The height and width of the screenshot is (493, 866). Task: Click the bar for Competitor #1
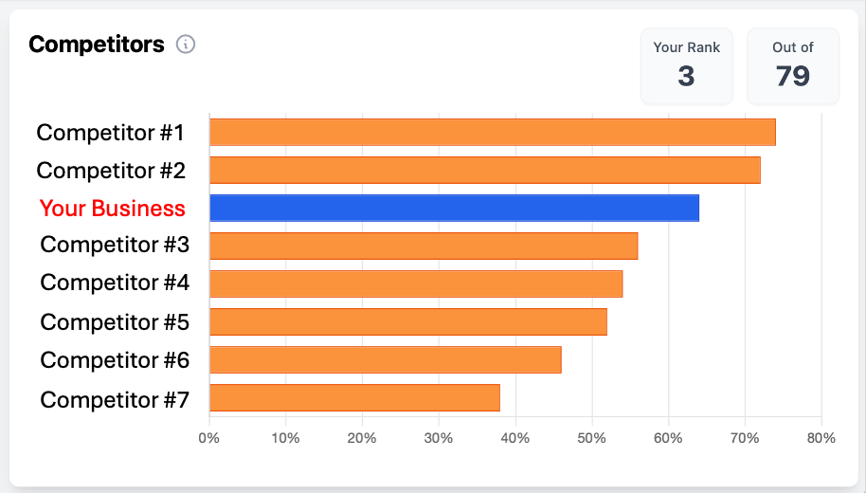(x=492, y=132)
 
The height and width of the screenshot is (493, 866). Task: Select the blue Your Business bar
(x=454, y=208)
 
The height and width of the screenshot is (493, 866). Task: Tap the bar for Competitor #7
(x=354, y=397)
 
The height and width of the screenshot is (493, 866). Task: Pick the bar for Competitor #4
(x=416, y=283)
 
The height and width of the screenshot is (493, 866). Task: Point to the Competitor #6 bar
(x=385, y=359)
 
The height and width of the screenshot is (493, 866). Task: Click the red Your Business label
(x=113, y=209)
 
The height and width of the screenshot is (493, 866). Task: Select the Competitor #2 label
(x=111, y=171)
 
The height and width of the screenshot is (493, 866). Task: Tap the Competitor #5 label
(x=115, y=322)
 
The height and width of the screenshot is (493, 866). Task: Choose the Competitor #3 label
(x=115, y=246)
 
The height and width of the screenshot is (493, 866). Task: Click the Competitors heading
(x=97, y=44)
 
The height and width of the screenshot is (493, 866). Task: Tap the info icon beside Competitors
(x=186, y=44)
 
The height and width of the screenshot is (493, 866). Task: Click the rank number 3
(x=687, y=76)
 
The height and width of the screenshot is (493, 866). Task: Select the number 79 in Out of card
(x=793, y=76)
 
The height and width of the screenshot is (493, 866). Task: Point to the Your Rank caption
(x=687, y=47)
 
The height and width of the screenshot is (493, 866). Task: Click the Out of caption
(x=793, y=47)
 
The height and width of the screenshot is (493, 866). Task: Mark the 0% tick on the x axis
(x=209, y=438)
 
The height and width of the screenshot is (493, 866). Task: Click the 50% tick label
(x=592, y=438)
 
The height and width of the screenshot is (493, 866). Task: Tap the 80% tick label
(x=821, y=438)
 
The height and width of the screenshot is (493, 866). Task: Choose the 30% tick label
(x=439, y=438)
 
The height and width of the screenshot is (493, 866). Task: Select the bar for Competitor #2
(x=484, y=170)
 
